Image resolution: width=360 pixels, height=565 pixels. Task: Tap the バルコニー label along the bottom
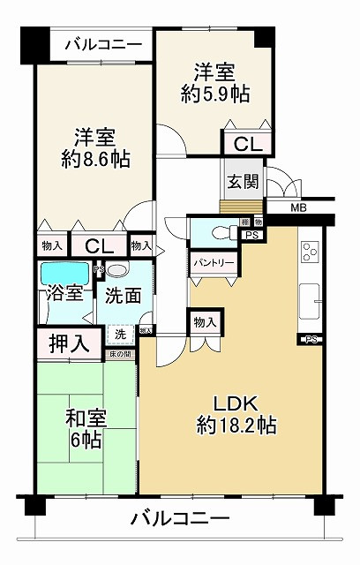182,518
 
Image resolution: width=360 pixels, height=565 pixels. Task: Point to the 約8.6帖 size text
95,161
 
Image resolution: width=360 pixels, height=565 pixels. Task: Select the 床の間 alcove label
119,355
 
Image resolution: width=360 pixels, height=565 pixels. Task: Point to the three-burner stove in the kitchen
310,252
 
